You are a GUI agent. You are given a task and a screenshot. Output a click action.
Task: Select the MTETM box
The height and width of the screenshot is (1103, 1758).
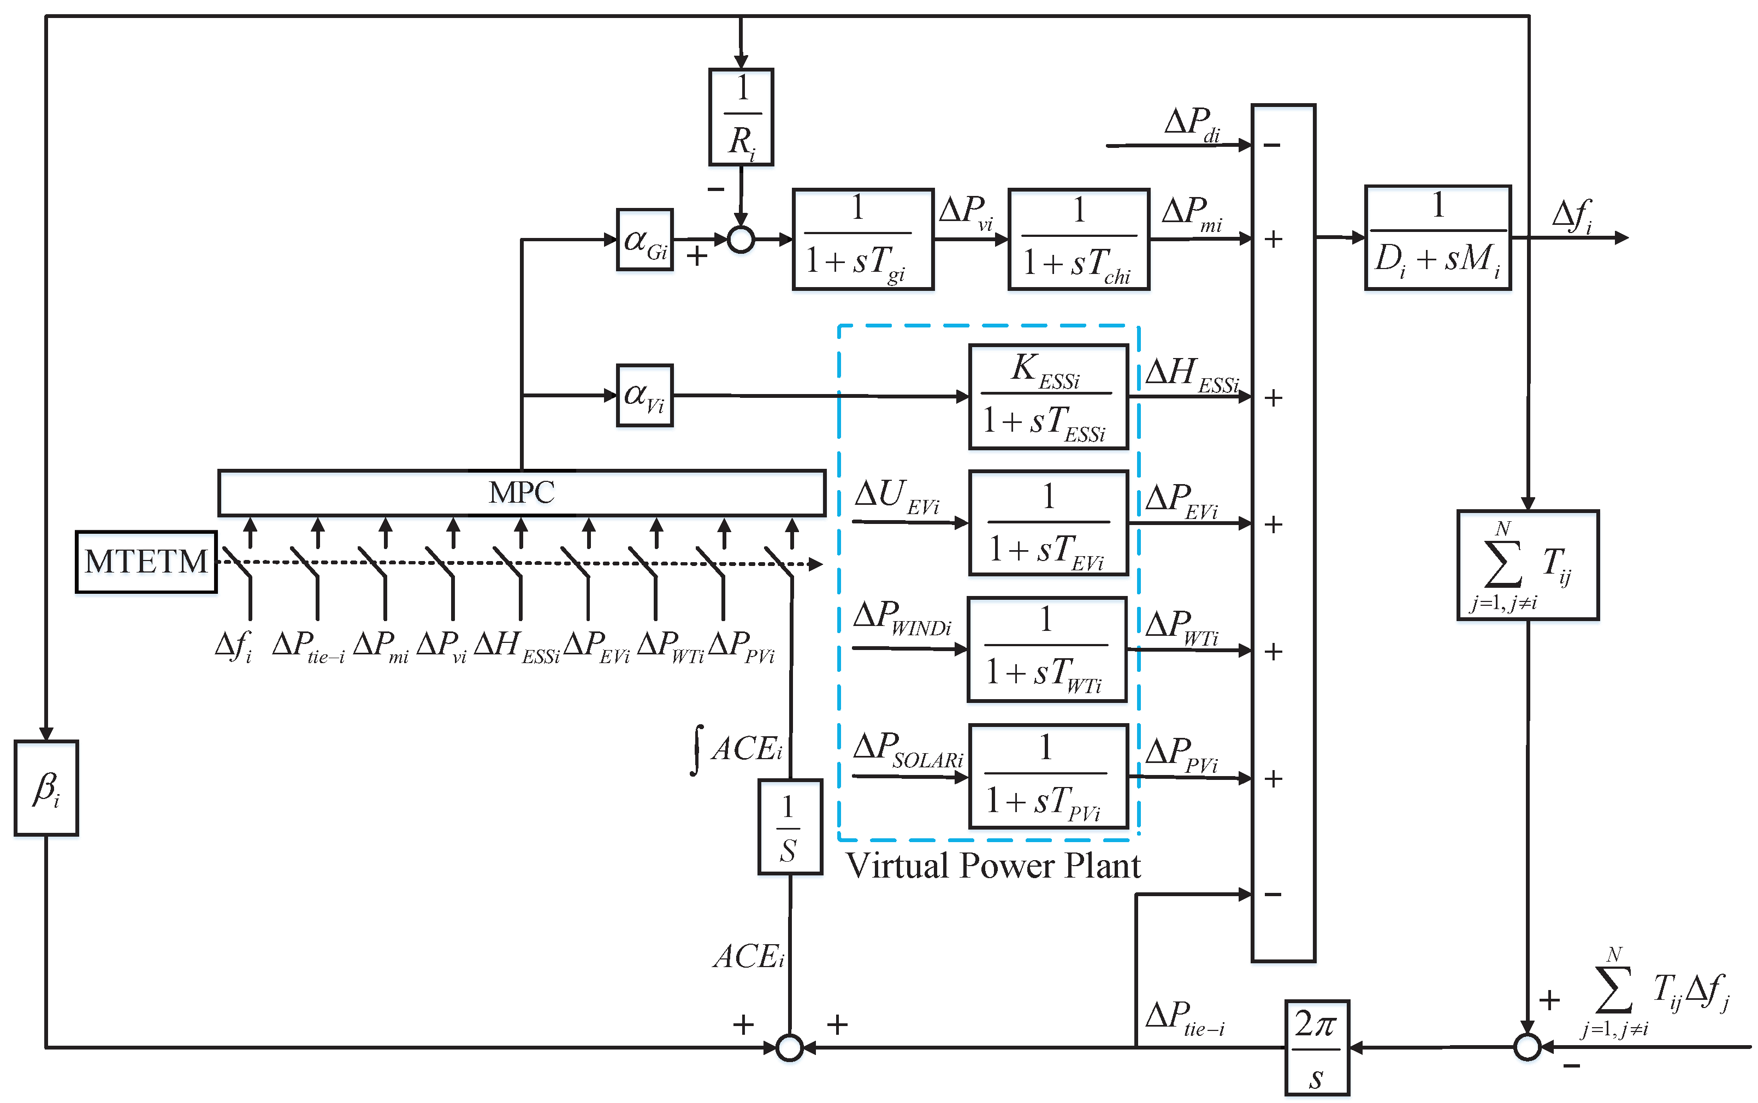(x=146, y=562)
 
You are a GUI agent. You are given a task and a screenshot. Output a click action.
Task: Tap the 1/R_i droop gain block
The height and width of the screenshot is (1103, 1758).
(x=741, y=117)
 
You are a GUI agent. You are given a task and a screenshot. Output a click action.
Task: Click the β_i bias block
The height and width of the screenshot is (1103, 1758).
(x=46, y=788)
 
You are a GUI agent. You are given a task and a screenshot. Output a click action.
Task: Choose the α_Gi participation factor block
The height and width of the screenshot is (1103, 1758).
(x=644, y=239)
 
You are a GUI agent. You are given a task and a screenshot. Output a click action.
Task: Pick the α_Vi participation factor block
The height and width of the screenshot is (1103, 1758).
(x=644, y=395)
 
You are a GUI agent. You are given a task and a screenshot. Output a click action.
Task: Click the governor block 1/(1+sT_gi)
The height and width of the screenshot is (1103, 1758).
(x=862, y=239)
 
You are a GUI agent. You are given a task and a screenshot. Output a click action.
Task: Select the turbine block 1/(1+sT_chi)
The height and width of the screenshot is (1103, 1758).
(x=1079, y=239)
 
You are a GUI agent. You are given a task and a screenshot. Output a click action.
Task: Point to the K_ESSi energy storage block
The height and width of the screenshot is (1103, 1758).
(x=1048, y=397)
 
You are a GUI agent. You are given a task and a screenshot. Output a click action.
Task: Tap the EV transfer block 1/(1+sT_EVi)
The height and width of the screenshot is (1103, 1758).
(x=1048, y=523)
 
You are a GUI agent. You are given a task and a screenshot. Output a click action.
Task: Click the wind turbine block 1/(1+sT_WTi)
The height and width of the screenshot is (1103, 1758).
(x=1046, y=649)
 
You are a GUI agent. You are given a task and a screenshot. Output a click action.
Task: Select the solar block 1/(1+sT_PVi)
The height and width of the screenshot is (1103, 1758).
(x=1048, y=776)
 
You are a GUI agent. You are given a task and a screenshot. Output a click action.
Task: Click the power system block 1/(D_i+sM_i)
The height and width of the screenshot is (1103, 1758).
(x=1437, y=238)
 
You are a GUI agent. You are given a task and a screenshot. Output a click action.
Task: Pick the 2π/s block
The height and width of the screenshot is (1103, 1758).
(x=1317, y=1047)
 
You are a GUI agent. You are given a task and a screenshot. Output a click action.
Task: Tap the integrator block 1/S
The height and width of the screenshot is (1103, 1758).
(x=790, y=826)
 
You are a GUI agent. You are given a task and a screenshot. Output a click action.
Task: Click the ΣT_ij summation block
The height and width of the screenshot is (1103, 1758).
(x=1528, y=565)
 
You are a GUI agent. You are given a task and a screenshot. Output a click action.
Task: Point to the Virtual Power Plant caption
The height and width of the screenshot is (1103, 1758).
(x=992, y=866)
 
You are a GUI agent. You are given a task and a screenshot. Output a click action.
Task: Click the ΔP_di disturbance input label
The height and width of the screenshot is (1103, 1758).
(x=1191, y=124)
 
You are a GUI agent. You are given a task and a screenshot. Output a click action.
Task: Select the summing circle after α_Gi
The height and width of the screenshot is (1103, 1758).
(x=741, y=239)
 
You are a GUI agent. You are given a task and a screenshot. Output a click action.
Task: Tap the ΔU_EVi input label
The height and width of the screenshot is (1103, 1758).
(x=896, y=496)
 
